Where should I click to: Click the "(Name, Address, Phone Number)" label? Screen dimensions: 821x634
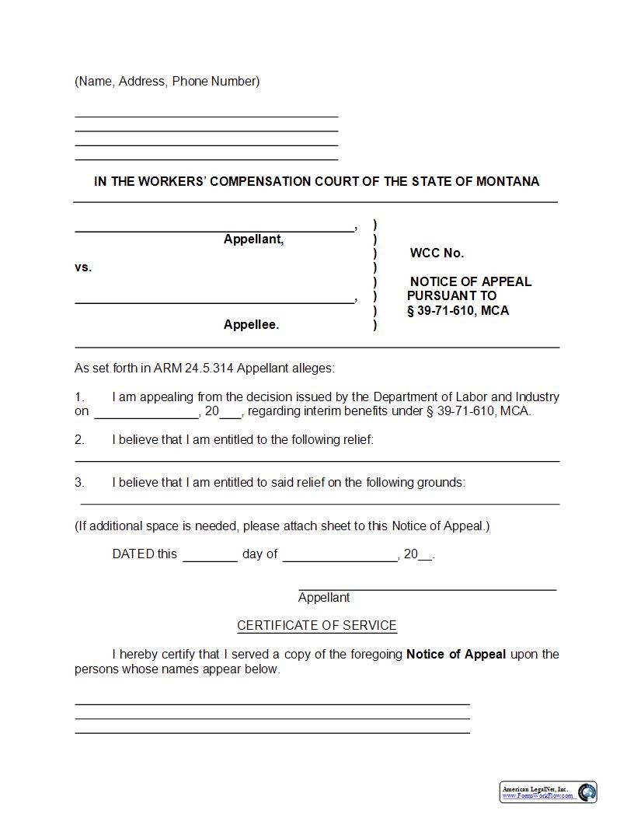(x=167, y=82)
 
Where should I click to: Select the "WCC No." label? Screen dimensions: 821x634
(x=437, y=253)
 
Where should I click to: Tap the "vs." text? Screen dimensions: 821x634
(x=83, y=267)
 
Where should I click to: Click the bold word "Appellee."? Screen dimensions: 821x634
(x=251, y=325)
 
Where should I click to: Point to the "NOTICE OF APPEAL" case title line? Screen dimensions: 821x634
(x=471, y=281)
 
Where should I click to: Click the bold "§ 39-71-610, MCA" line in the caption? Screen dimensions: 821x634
(x=458, y=311)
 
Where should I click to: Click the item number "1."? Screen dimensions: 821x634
(x=79, y=397)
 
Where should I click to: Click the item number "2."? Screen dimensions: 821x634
(x=79, y=440)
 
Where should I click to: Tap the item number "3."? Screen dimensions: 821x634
(x=79, y=483)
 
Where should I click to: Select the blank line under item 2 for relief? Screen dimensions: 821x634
(x=317, y=460)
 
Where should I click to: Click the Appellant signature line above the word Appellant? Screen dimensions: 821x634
(x=427, y=589)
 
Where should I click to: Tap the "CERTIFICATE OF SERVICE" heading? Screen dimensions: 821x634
(x=317, y=625)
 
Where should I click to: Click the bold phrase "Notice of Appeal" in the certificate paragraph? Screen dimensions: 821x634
(x=456, y=655)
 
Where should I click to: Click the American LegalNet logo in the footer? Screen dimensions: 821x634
(x=549, y=792)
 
